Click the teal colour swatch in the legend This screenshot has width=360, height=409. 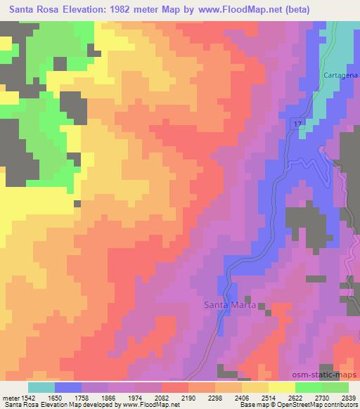41,387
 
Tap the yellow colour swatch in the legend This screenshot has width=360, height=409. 281,387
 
